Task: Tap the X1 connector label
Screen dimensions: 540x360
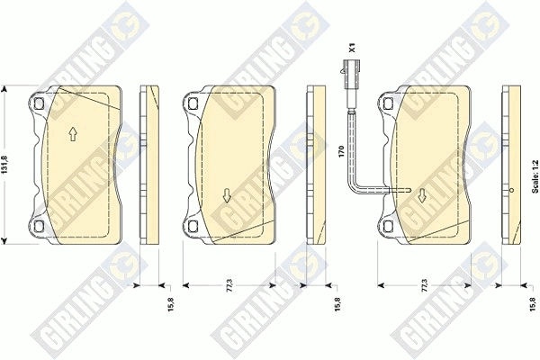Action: [x=352, y=48]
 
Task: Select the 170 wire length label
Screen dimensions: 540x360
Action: [x=341, y=151]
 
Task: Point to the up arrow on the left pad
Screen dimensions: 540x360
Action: [x=73, y=134]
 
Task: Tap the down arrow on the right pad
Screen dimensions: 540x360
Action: [x=421, y=195]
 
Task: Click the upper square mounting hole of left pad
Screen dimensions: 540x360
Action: [x=40, y=103]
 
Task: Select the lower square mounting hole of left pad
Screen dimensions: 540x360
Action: [x=40, y=226]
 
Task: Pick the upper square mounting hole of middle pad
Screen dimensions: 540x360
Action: [x=193, y=103]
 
